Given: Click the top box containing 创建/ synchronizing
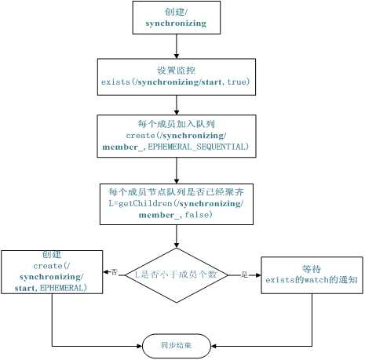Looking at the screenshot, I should coord(176,17).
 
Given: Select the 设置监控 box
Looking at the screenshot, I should coord(176,75).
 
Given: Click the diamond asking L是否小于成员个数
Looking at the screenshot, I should coord(176,275).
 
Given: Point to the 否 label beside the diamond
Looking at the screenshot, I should coord(115,271).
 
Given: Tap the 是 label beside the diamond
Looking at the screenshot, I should coord(243,275).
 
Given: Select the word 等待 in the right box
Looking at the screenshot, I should coord(312,267).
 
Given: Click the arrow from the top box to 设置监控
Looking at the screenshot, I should coord(176,46).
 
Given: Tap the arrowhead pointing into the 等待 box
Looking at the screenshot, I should coord(257,275).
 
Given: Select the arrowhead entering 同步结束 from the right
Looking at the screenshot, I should coord(213,344).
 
